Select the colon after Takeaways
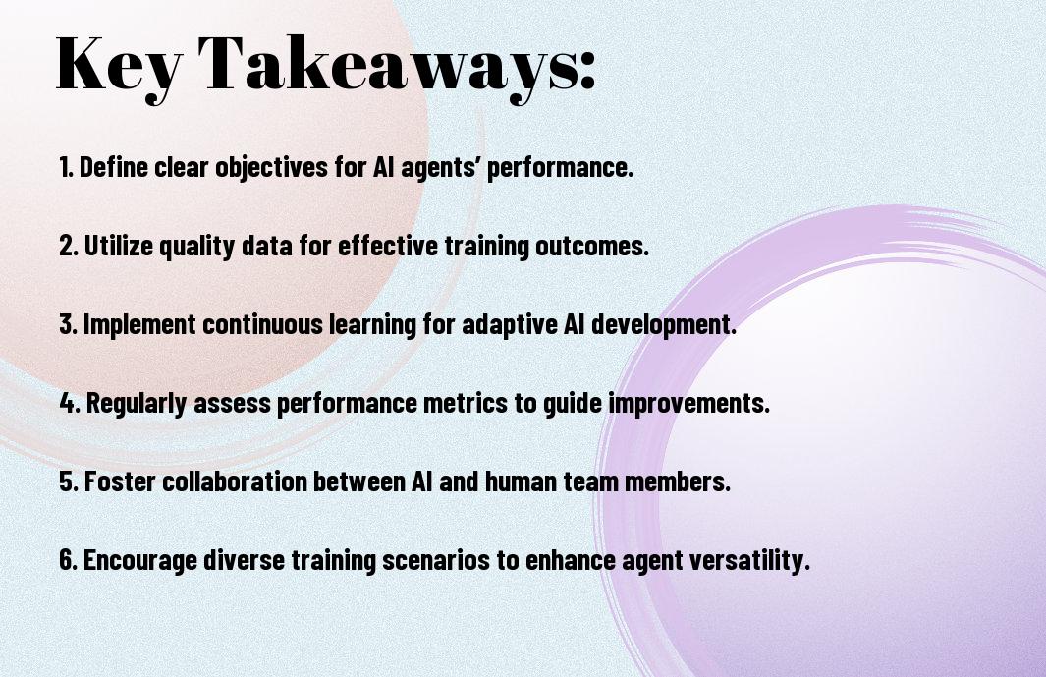[586, 71]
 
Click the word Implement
[138, 325]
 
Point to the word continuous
[262, 324]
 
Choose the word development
[662, 325]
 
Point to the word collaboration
[234, 481]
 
